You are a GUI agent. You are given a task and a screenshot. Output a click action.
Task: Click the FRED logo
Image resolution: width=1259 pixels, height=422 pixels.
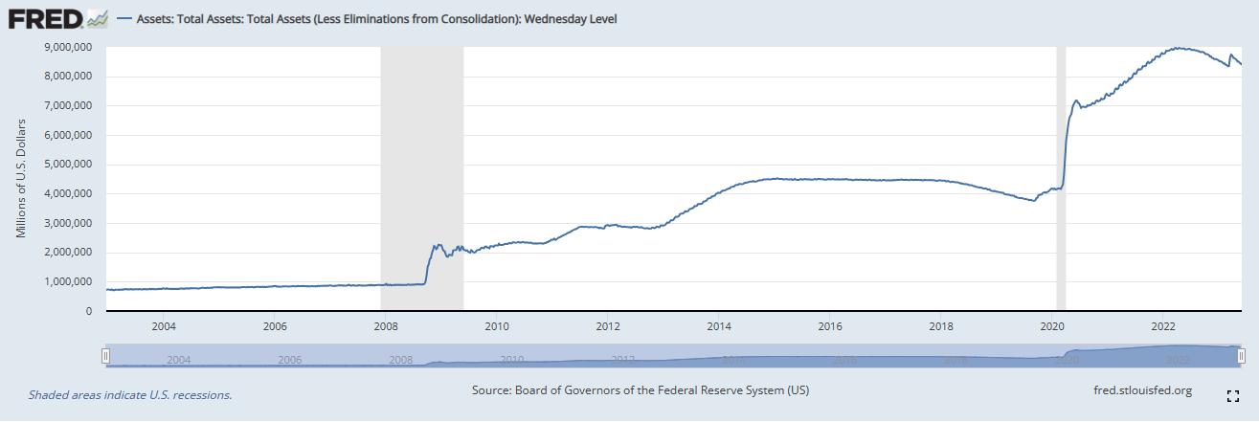46,19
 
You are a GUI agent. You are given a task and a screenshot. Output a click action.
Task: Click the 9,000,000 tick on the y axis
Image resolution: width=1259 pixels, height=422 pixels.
68,47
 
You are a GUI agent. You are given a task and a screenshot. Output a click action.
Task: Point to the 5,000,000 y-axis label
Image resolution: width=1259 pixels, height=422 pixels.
68,164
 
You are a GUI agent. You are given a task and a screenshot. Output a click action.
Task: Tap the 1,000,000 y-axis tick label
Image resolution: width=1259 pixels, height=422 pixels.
68,281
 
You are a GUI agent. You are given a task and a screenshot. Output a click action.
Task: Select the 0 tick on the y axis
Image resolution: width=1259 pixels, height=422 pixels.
89,311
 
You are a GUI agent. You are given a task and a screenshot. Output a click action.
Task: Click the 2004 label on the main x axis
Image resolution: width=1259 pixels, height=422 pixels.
164,326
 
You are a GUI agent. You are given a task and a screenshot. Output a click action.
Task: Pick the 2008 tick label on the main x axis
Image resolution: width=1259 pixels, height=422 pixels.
386,326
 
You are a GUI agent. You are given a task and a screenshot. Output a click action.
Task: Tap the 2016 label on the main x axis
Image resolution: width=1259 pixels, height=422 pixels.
830,326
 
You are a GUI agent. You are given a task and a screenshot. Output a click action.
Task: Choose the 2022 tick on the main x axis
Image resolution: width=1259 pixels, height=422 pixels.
1163,326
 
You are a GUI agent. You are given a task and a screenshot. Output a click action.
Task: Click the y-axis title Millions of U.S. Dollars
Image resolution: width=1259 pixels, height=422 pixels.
21,179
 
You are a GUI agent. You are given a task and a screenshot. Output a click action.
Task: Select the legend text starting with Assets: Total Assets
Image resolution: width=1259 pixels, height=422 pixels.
376,19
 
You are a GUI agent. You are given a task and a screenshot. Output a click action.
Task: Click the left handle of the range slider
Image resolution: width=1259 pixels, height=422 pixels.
105,356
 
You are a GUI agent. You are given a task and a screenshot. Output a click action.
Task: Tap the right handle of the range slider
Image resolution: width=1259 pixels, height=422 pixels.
1241,356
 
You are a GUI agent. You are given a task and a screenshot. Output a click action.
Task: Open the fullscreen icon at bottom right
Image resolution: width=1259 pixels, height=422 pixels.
1232,396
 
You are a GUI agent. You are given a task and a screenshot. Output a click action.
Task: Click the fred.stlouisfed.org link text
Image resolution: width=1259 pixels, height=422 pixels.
1142,390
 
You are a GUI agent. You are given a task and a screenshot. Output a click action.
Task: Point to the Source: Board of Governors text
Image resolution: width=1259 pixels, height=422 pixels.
641,390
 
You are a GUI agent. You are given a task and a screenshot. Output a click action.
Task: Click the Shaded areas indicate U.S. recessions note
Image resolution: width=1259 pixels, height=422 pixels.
130,395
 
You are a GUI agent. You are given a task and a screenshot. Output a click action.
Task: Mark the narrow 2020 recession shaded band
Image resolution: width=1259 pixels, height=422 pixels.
1061,178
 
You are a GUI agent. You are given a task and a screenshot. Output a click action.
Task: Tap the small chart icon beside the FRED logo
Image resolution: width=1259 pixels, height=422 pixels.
98,19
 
